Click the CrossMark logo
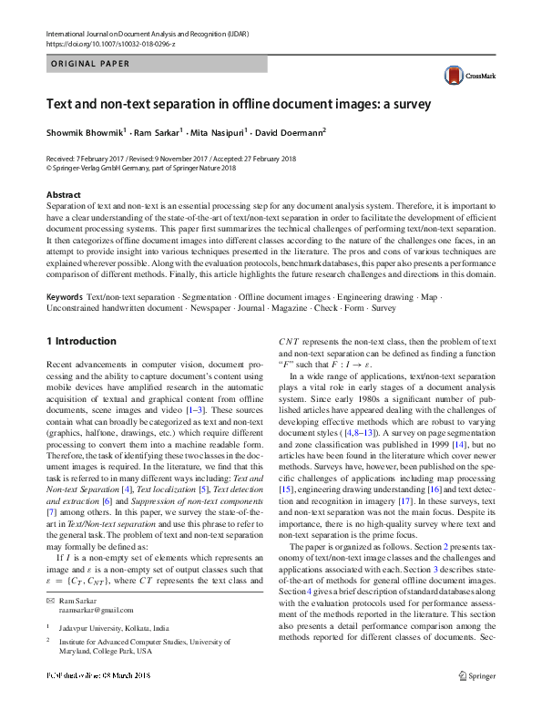[x=464, y=77]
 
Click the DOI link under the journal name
[x=111, y=43]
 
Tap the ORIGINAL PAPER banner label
[x=89, y=65]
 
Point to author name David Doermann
[x=289, y=133]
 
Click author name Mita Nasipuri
[x=216, y=133]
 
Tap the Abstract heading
[x=63, y=195]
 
